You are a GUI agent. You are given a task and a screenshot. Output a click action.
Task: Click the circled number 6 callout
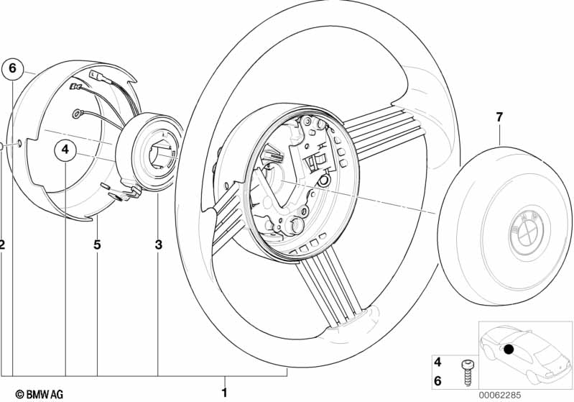(x=12, y=69)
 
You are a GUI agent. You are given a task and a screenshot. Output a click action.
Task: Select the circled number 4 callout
(x=65, y=150)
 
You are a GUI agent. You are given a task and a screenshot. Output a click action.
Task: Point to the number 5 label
(x=97, y=245)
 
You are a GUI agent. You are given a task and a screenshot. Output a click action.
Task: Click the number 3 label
(x=158, y=245)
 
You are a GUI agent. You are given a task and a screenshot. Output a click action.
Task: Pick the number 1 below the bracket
(x=224, y=392)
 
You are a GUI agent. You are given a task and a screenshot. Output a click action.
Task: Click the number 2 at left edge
(x=2, y=245)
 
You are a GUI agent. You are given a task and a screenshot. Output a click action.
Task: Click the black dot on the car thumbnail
(x=509, y=350)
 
